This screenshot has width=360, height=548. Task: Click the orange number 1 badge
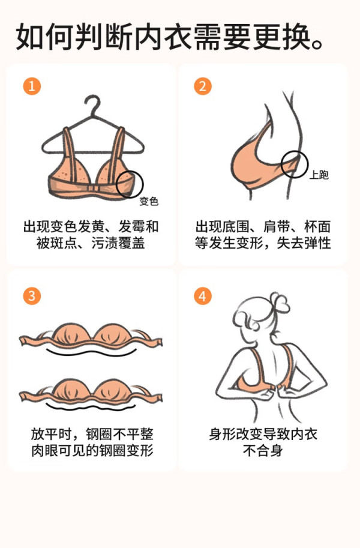32,86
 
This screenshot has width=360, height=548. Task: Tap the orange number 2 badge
203,86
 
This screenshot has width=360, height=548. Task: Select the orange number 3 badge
32,296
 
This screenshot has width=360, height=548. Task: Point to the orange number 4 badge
203,296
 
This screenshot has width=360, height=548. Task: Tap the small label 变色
149,201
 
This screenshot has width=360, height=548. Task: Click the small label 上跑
319,175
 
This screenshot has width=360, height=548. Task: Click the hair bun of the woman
279,303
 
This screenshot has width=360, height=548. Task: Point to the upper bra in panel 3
90,336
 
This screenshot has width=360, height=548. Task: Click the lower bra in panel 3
90,391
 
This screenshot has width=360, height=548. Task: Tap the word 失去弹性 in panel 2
304,243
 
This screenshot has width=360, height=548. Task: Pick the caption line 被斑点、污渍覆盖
91,243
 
